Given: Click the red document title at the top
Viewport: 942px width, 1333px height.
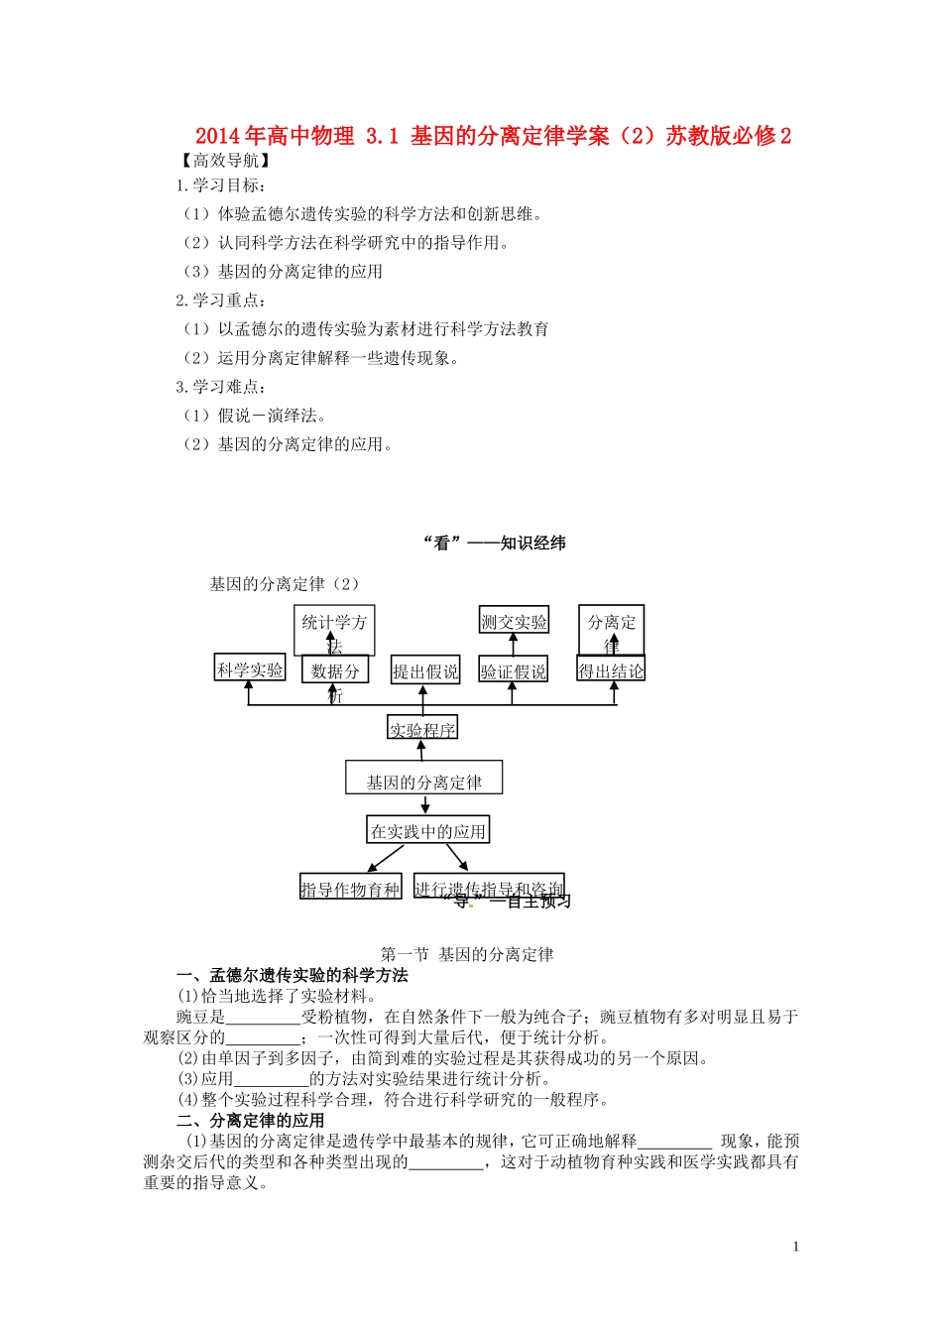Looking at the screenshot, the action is [493, 136].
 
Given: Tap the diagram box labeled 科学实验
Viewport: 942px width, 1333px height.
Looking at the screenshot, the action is [250, 669].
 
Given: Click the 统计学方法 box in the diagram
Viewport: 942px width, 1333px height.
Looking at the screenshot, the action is [334, 630].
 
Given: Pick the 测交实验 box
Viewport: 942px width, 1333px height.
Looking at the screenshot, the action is [514, 622].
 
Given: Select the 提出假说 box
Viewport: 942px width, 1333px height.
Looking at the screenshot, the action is [425, 671].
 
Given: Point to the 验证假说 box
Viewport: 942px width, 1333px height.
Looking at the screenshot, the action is [513, 671].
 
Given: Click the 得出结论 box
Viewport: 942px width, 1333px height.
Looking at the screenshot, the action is [611, 670].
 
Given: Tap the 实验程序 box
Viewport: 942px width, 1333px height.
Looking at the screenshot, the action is [422, 730].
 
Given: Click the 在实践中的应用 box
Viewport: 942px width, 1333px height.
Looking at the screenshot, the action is [427, 831].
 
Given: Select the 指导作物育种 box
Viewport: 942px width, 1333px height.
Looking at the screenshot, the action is [350, 889].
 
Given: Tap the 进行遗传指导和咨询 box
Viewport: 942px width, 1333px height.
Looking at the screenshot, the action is [489, 888].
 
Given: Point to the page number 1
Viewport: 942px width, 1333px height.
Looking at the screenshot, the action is [795, 1247].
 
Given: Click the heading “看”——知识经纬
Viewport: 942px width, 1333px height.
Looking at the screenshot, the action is [494, 543].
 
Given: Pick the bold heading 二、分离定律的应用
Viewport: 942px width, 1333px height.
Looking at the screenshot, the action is [250, 1120].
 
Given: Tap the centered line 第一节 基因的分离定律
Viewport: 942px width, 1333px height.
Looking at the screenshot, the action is [467, 954].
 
